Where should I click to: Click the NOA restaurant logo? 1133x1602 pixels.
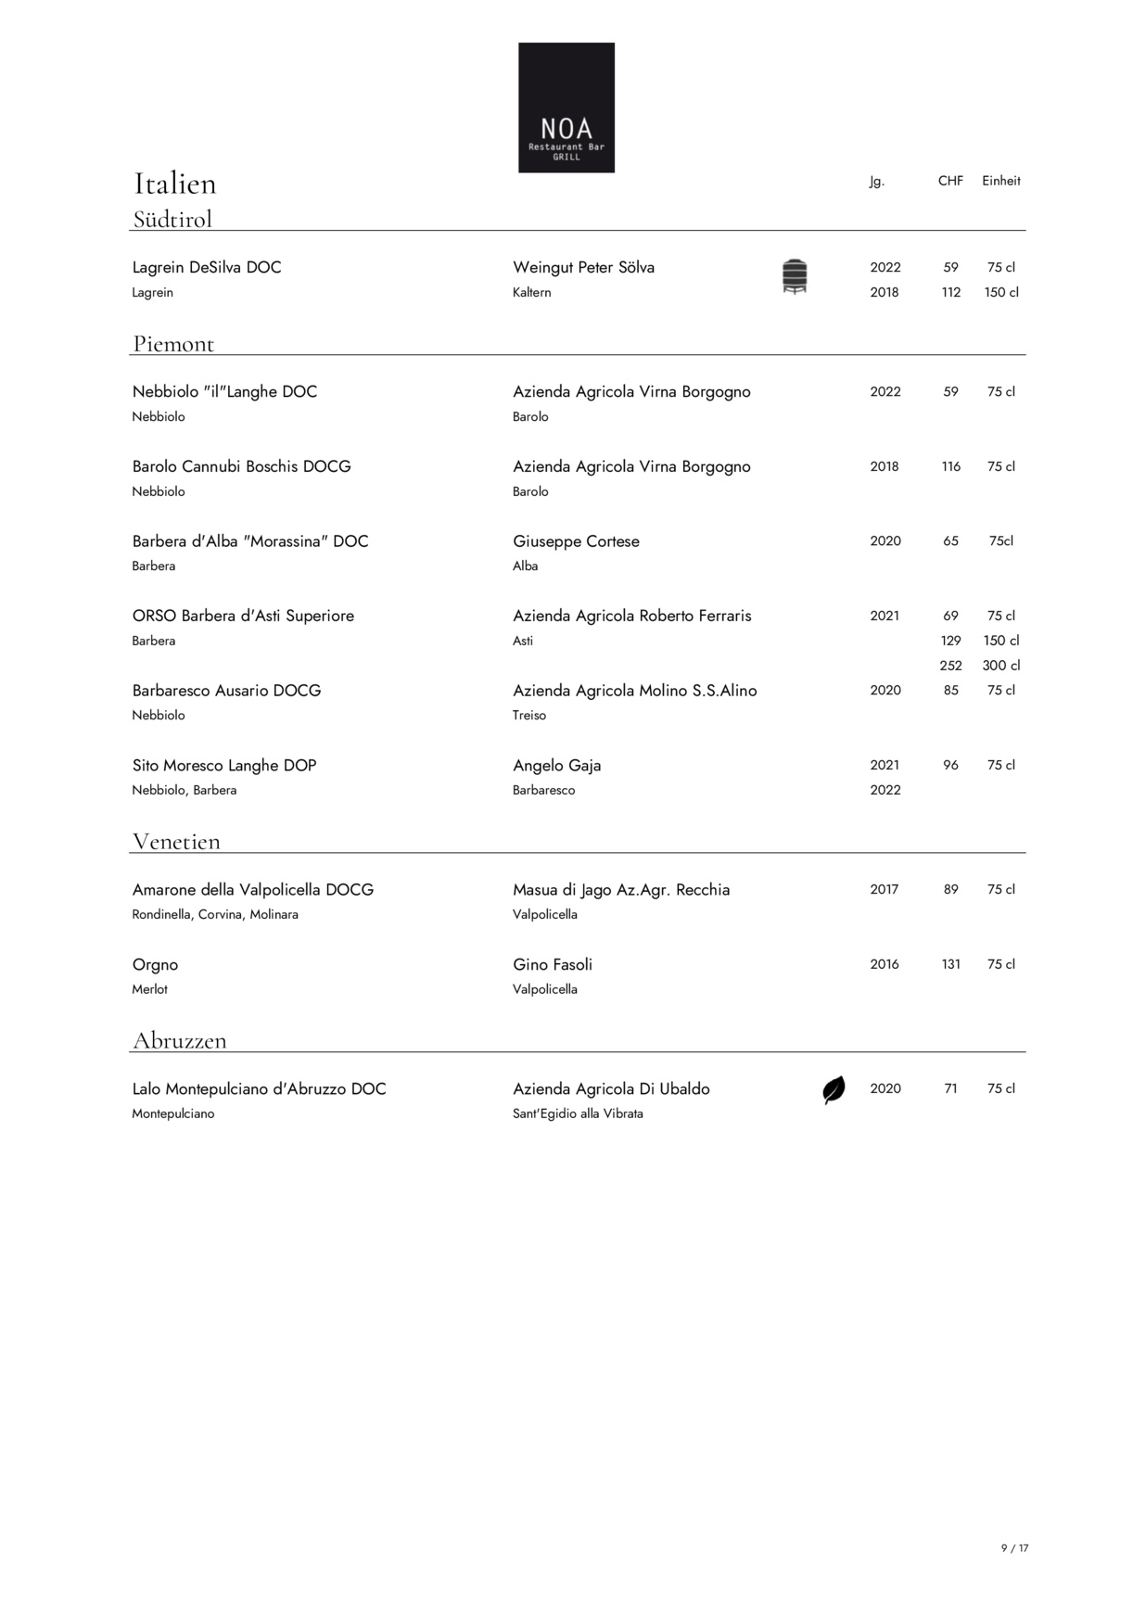566,108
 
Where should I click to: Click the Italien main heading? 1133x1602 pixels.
175,184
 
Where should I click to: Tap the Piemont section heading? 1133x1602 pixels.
173,344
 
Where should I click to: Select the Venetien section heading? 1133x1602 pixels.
176,842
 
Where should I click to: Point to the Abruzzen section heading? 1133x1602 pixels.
180,1040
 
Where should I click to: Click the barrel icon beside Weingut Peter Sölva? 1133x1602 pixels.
795,277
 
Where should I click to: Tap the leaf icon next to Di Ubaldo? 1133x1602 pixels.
834,1089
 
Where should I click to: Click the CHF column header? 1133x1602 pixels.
950,181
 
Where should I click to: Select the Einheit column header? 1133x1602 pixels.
1001,181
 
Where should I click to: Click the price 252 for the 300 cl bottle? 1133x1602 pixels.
950,666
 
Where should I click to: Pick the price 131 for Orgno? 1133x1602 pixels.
950,964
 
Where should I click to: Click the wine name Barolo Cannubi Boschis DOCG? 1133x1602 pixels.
242,466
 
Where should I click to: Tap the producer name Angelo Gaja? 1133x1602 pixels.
557,765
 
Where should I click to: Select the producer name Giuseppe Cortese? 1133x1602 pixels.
576,541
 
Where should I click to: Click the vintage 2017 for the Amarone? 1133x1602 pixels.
885,889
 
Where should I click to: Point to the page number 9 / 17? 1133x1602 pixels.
1014,1548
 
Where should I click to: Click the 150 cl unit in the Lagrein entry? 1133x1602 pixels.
1001,292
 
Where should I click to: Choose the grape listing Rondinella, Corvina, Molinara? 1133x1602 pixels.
215,914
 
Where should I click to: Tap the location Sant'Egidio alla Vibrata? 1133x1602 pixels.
578,1113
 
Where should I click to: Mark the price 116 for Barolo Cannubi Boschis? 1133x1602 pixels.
950,466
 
